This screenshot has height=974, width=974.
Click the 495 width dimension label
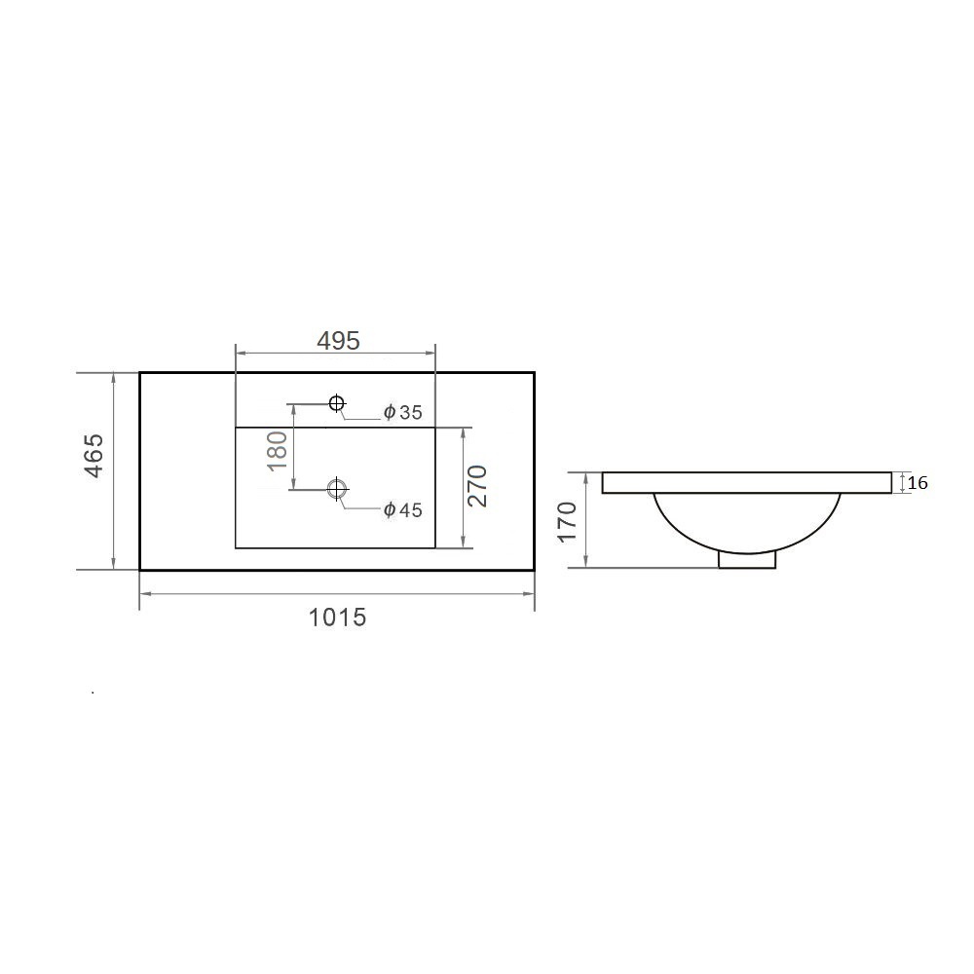338,340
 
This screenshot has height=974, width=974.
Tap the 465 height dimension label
94,455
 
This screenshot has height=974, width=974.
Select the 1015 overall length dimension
337,618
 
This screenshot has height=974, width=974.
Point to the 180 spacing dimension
278,450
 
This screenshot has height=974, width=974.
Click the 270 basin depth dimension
477,486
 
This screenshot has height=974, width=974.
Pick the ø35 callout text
402,412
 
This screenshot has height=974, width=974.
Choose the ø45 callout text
402,510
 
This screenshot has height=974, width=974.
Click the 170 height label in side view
567,522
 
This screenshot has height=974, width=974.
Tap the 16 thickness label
918,483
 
